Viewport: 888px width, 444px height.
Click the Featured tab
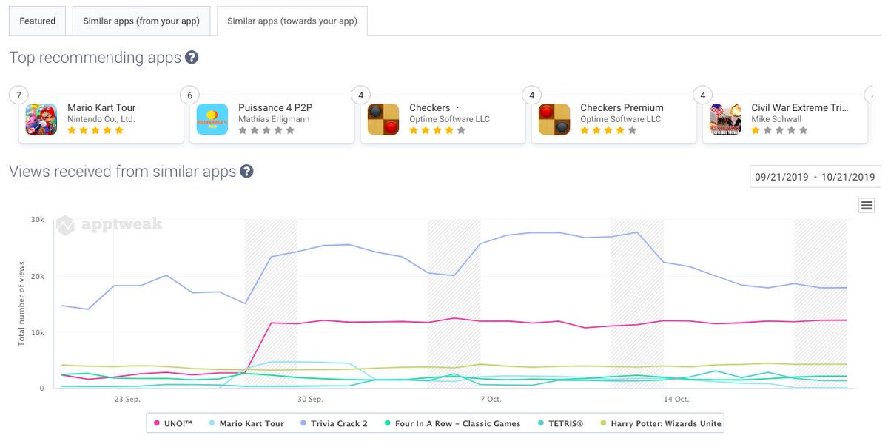(37, 21)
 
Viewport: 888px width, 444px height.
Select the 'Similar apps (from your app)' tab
(141, 21)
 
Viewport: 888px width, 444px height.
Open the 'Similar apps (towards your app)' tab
(292, 21)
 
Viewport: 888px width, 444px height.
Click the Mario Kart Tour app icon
(41, 119)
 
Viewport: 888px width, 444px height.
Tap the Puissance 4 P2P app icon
(212, 119)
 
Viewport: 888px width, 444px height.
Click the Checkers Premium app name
(622, 108)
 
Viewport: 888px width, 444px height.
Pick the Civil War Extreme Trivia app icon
(725, 119)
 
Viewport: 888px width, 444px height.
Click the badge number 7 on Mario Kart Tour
(18, 95)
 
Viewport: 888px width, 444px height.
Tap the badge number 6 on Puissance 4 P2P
(189, 95)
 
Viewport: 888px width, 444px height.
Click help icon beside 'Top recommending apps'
(192, 58)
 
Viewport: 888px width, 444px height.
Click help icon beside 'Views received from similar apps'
(247, 172)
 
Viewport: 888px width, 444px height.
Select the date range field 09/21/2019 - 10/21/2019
(815, 177)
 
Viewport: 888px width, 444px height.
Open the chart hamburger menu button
(867, 205)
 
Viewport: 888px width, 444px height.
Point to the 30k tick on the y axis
(37, 220)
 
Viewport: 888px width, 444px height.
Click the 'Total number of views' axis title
(21, 303)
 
